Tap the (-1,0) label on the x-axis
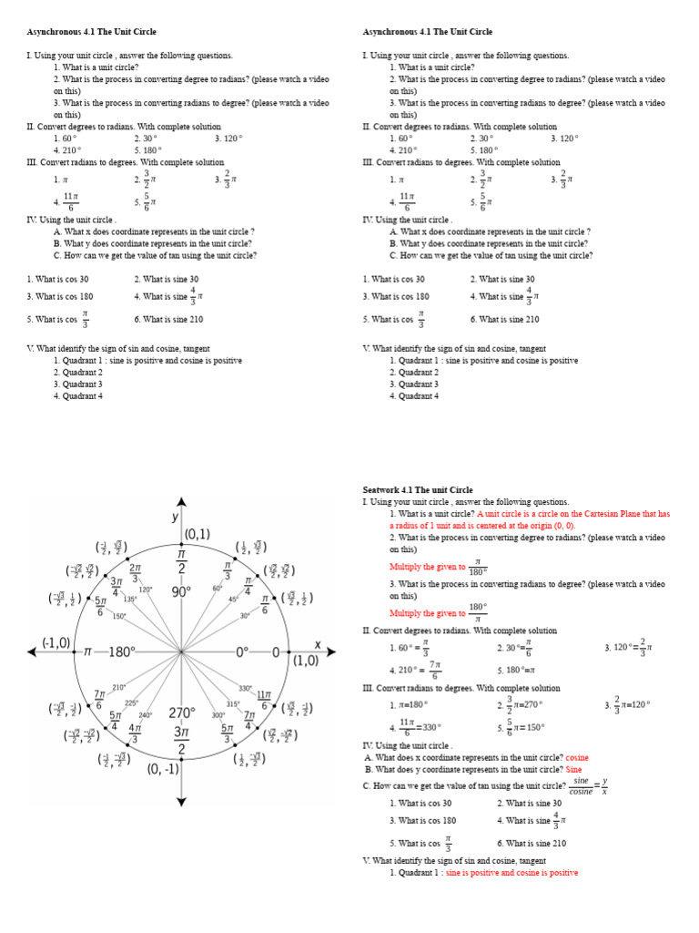tap(56, 642)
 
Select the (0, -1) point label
tap(163, 768)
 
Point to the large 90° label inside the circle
tap(181, 591)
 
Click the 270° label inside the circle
tap(181, 713)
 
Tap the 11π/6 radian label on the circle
tap(265, 699)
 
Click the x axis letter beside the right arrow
tap(318, 644)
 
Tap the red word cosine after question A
tap(577, 757)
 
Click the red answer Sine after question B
tap(573, 769)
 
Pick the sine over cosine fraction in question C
tap(580, 786)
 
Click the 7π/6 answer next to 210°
tap(435, 670)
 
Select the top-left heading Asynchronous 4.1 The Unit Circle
tap(91, 32)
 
